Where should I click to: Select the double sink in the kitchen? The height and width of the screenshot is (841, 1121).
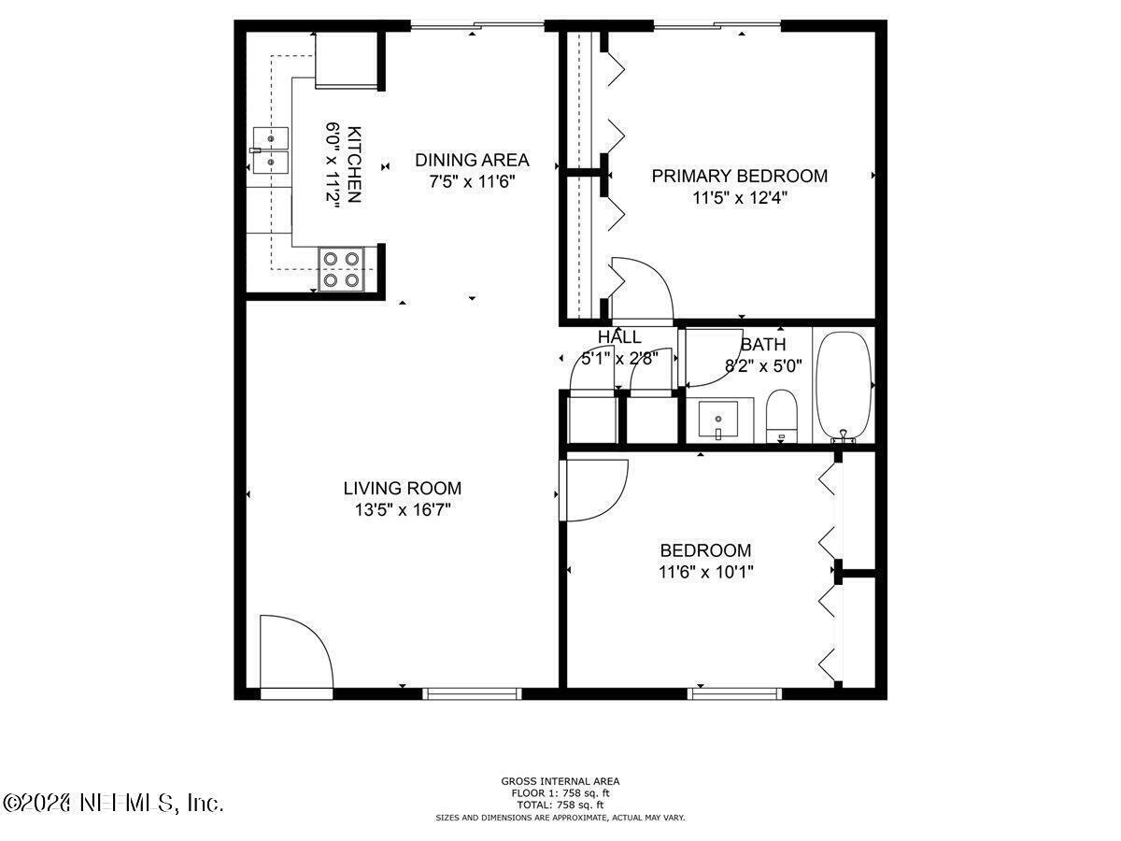[x=271, y=151]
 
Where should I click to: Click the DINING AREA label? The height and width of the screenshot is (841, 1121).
[x=472, y=160]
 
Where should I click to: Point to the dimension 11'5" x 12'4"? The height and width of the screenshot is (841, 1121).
[x=739, y=197]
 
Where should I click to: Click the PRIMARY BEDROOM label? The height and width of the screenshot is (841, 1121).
[x=739, y=176]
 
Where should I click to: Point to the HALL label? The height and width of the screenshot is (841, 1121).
[x=619, y=337]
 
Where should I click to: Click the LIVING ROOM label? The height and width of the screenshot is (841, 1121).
[x=402, y=488]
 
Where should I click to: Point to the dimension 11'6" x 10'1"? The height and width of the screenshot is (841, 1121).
[x=705, y=572]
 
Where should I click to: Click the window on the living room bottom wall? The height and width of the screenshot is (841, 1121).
[x=472, y=693]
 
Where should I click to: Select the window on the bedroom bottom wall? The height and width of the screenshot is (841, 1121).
[x=734, y=693]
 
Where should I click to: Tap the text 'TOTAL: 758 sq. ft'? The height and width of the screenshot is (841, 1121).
[x=560, y=805]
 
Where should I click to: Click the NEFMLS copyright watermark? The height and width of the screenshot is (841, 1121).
[x=112, y=803]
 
